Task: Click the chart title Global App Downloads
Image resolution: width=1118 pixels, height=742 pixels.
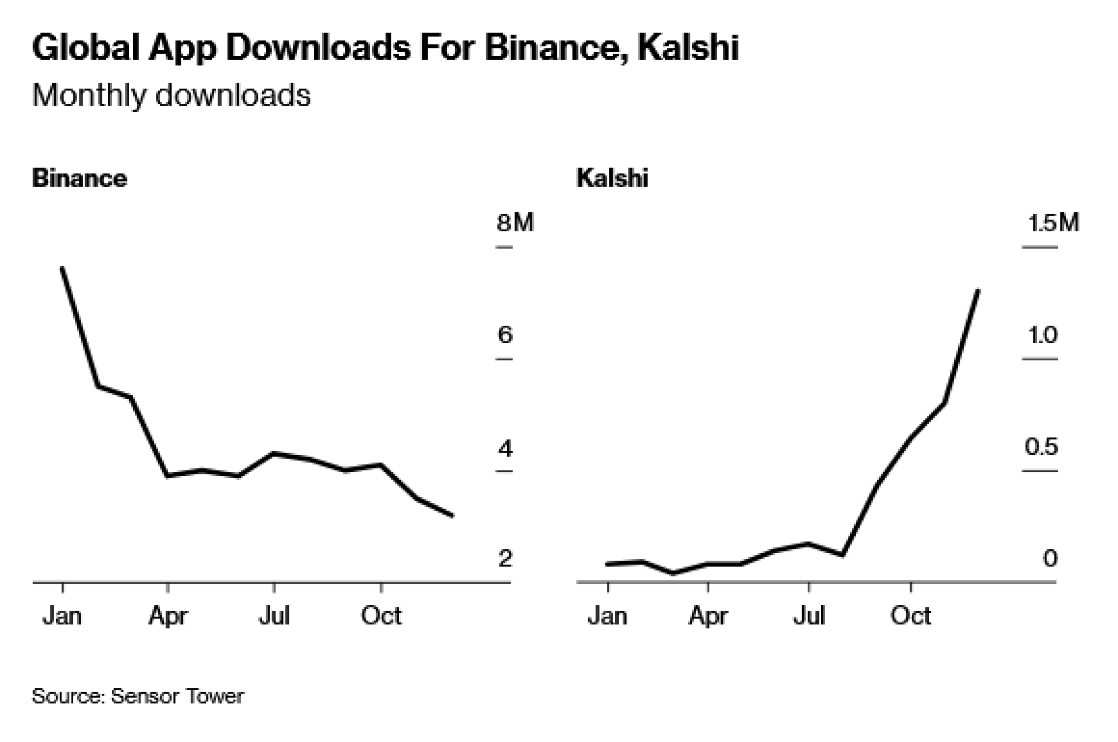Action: click(x=385, y=47)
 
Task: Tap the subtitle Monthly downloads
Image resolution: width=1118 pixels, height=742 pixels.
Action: click(x=171, y=95)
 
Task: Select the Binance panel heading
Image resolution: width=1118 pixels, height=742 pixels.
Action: click(x=79, y=178)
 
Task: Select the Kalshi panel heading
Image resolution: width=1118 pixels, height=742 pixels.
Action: click(x=612, y=178)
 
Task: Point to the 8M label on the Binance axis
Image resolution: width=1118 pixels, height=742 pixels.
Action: click(x=515, y=222)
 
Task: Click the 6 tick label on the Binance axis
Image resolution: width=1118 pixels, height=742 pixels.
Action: click(x=505, y=335)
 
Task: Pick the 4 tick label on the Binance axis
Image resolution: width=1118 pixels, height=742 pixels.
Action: click(x=505, y=448)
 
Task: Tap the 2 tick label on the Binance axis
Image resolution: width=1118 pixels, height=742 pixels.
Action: click(x=505, y=558)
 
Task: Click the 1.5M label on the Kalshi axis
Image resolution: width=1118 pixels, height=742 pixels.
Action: click(x=1053, y=223)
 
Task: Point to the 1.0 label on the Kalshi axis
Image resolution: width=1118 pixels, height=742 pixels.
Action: click(x=1043, y=335)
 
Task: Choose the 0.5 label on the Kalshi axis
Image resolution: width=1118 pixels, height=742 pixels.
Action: click(x=1041, y=446)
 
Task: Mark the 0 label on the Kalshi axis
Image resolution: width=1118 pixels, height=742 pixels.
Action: click(x=1050, y=558)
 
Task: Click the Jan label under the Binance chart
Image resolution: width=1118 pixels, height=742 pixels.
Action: click(x=62, y=616)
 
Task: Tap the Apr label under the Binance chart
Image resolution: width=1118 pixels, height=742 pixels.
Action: click(x=168, y=616)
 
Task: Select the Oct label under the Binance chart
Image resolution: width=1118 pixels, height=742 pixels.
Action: click(x=381, y=616)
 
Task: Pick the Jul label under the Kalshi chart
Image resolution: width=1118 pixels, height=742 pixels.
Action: click(x=809, y=616)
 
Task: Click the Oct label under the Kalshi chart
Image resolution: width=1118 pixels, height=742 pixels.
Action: click(x=911, y=616)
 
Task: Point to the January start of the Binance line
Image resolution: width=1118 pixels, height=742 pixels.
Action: click(x=62, y=268)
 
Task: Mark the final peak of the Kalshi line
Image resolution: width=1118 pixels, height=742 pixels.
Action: click(x=978, y=291)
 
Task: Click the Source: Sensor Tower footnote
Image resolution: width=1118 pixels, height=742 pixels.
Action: click(x=138, y=696)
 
